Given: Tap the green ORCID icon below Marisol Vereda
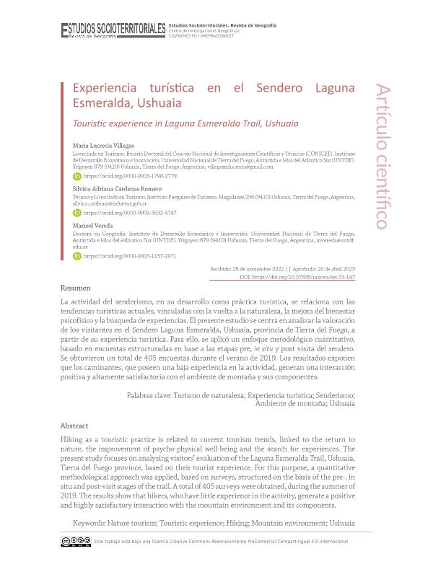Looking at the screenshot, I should tap(77, 255).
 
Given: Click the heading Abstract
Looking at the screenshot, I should tap(74, 426).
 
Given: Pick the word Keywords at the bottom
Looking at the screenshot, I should tap(93, 522).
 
